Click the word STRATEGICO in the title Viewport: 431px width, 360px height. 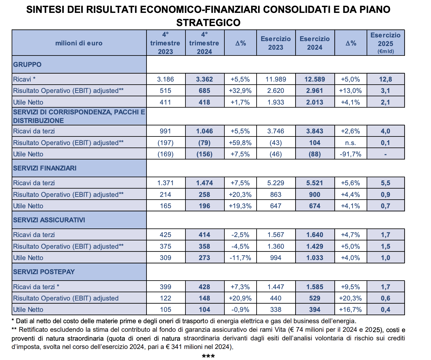(x=208, y=23)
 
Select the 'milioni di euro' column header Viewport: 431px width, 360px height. (x=79, y=43)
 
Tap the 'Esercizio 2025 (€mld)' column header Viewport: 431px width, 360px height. (x=385, y=43)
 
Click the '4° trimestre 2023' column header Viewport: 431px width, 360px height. (x=165, y=43)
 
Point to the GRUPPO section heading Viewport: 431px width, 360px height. (x=27, y=64)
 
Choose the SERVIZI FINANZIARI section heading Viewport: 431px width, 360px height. (x=45, y=168)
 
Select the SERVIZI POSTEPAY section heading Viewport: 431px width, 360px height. (x=44, y=272)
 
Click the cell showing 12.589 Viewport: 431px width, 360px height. (x=315, y=79)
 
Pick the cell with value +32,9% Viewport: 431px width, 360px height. (x=240, y=91)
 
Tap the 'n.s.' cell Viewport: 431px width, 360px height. (x=350, y=143)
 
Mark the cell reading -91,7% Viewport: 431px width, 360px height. (x=350, y=154)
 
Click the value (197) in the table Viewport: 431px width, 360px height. (x=165, y=143)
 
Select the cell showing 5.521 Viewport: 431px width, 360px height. (x=315, y=183)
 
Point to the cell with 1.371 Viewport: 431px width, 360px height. (x=165, y=183)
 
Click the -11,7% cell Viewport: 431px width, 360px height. (x=240, y=258)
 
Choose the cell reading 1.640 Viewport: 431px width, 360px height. (x=315, y=235)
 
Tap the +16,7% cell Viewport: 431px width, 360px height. (x=350, y=310)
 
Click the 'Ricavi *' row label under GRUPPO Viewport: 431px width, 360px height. (x=24, y=79)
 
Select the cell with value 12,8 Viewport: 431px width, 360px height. (x=385, y=79)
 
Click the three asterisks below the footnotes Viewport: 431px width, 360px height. (x=208, y=356)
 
